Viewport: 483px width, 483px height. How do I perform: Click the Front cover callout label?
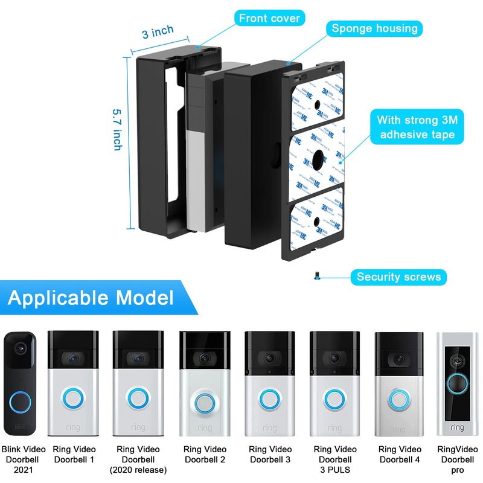pos(269,18)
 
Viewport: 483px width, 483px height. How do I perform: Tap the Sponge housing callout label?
pos(374,28)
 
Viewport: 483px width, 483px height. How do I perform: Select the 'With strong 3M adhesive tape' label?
pos(417,127)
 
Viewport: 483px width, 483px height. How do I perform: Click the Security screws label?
pos(398,277)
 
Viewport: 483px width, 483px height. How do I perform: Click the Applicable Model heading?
pos(91,298)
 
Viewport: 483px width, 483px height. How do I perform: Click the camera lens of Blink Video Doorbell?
pos(22,349)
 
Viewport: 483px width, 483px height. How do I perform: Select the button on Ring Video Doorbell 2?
pos(205,401)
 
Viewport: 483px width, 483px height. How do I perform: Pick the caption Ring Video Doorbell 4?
pos(400,454)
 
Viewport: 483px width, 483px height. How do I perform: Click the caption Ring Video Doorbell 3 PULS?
pos(334,459)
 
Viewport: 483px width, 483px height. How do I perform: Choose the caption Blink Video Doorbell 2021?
pos(22,459)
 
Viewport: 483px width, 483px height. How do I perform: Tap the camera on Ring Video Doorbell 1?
pos(72,358)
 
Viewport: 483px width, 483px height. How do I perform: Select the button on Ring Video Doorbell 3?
pos(269,400)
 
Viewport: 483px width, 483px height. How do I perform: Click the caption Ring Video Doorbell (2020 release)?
pos(138,459)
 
